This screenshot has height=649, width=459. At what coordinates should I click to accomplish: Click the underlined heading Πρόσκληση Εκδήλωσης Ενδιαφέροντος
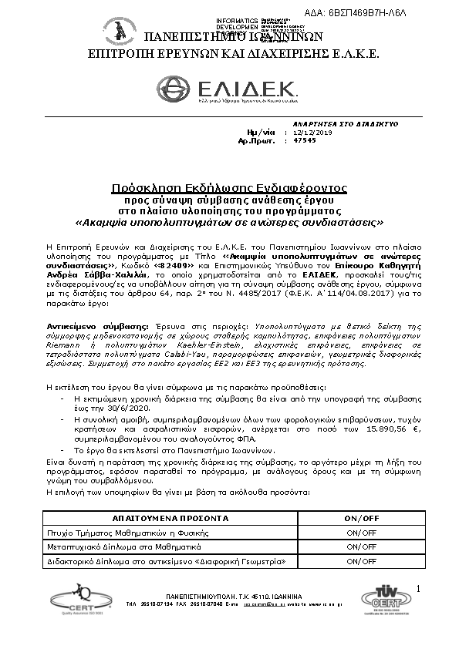tap(229, 187)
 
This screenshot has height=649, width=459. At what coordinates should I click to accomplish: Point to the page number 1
tap(417, 590)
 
